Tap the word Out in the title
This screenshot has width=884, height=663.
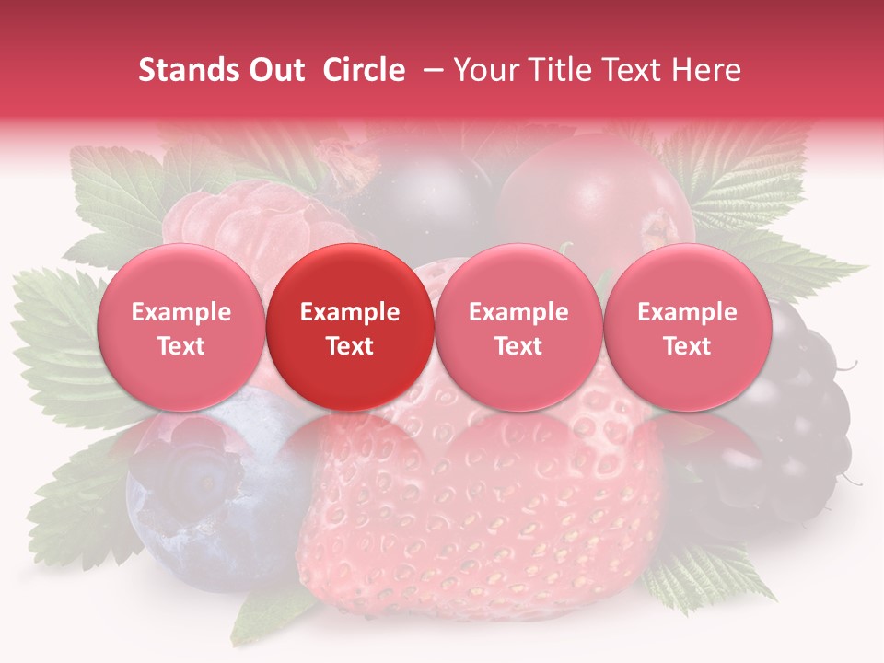coord(273,70)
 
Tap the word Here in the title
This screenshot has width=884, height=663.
coord(708,70)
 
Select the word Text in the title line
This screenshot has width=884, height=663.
coord(636,70)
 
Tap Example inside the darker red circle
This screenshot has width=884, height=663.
coord(349,312)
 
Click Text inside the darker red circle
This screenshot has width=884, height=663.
coord(349,346)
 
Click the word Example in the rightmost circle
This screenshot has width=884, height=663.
coord(687,312)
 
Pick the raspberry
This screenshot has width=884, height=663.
coord(249,221)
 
